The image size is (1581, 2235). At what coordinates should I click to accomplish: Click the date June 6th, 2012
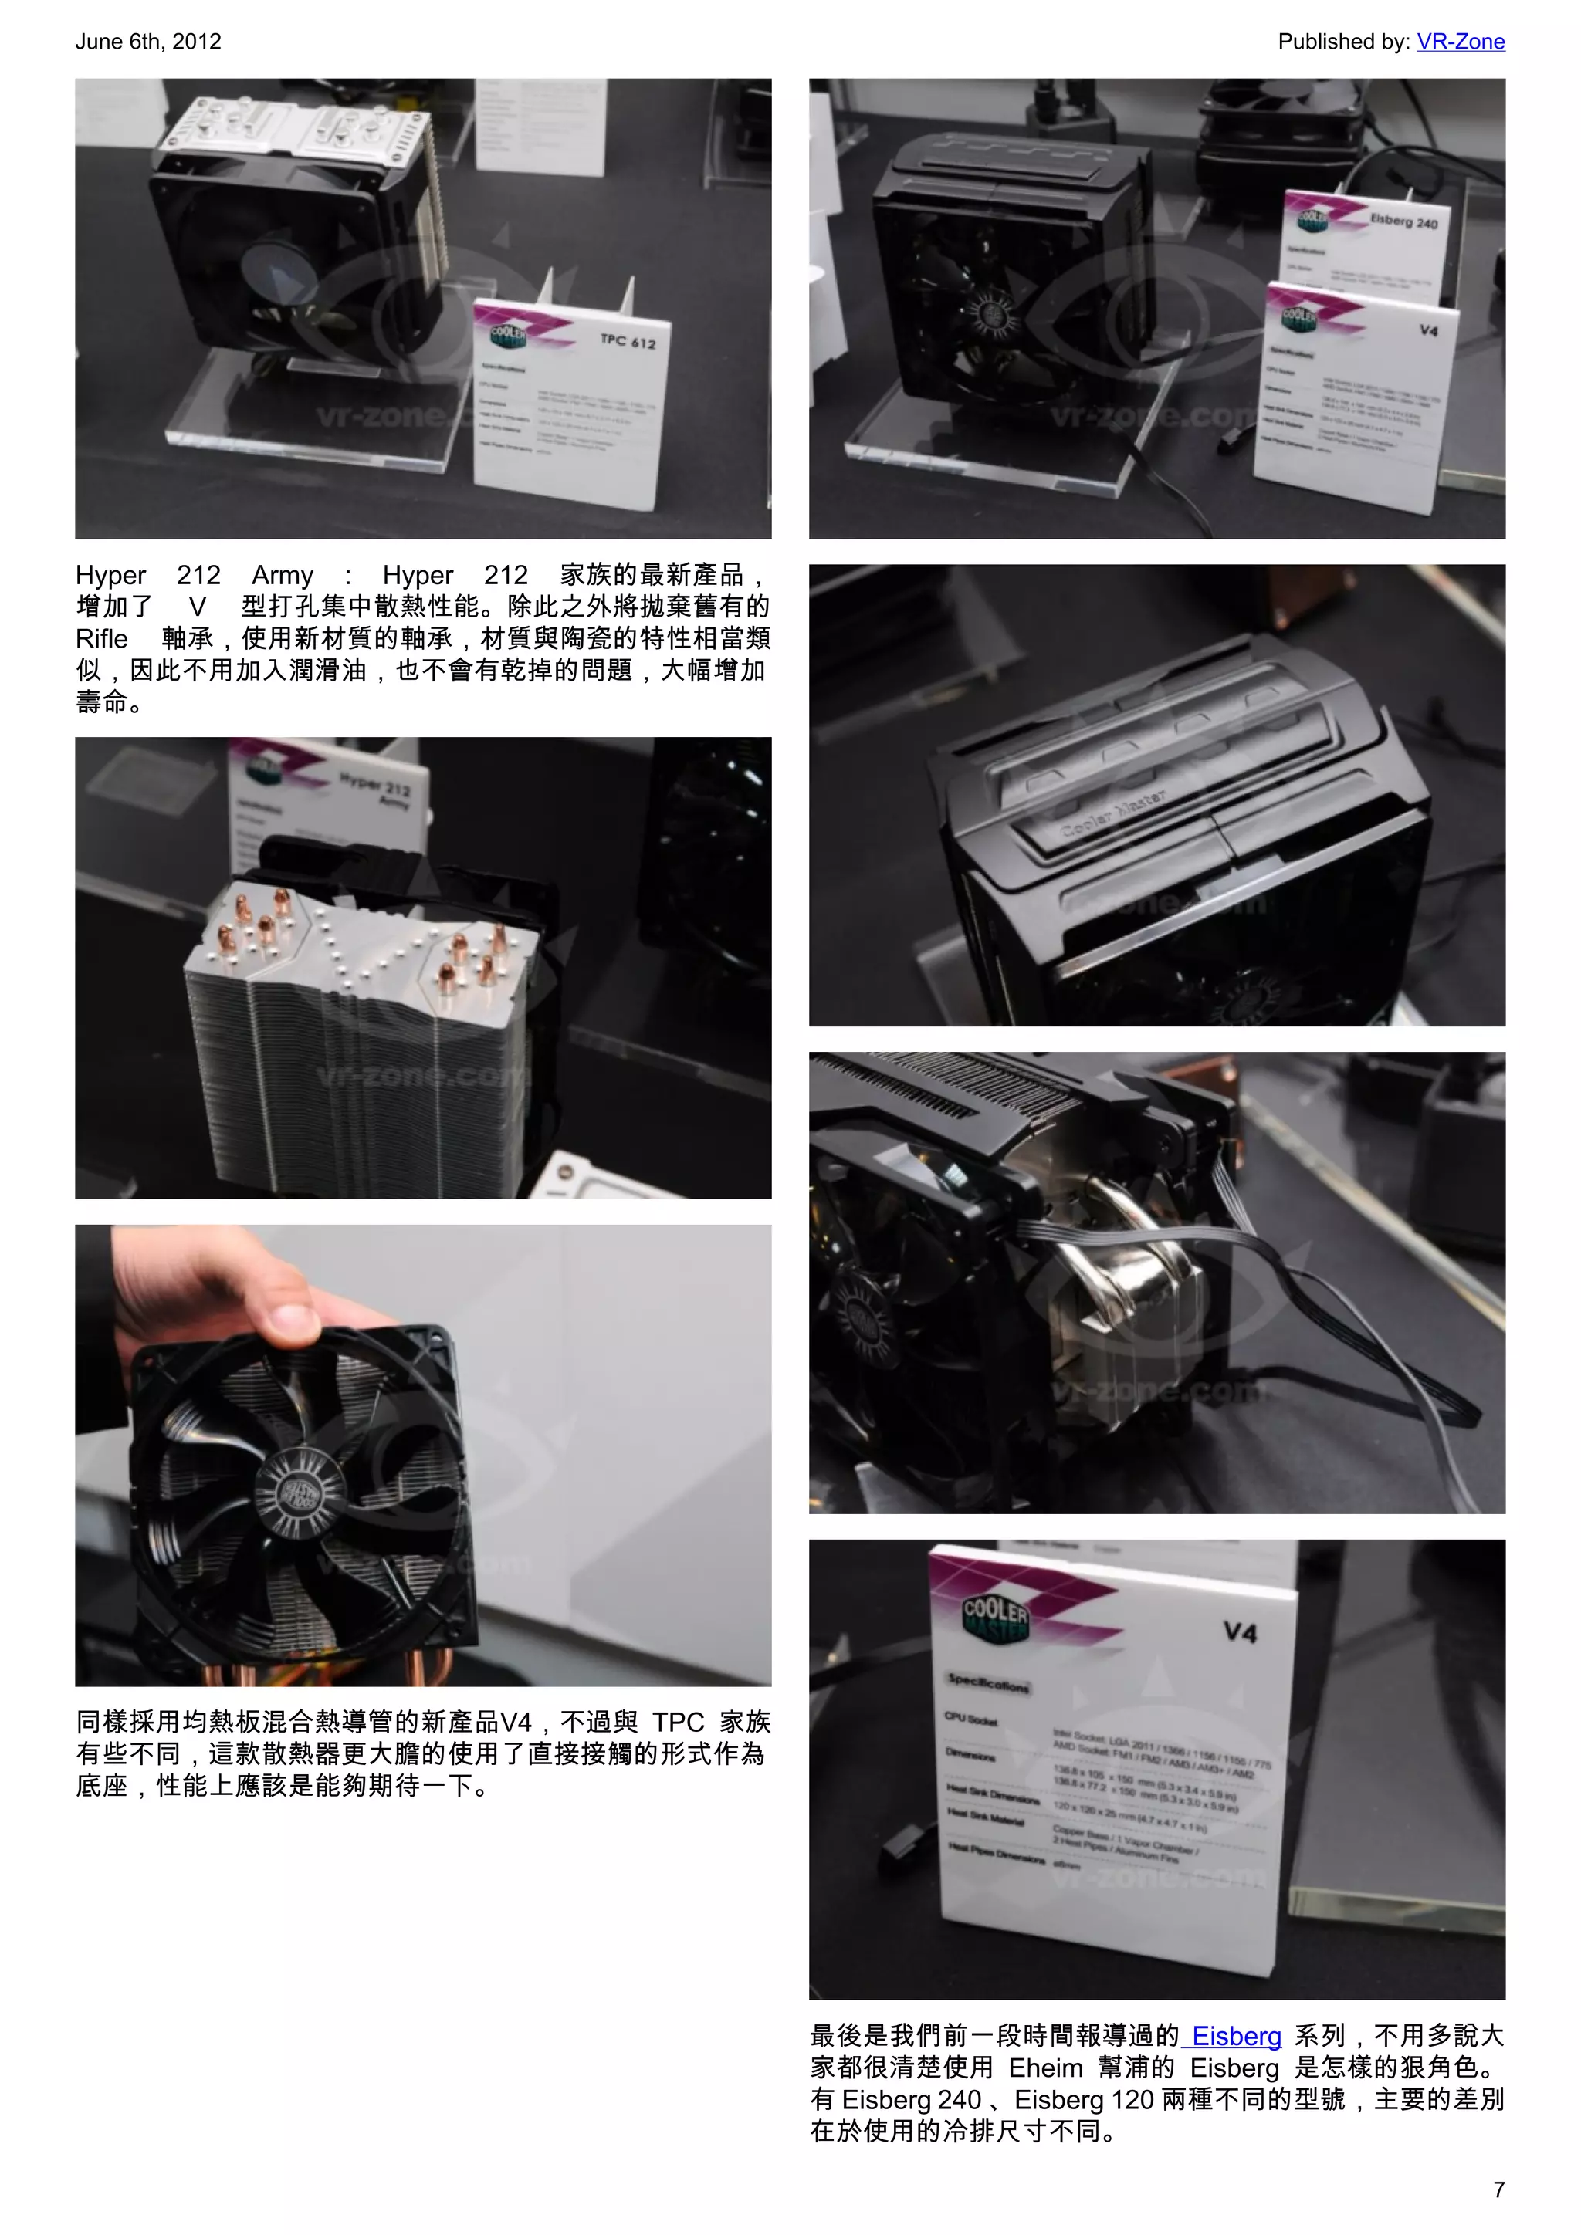click(x=148, y=42)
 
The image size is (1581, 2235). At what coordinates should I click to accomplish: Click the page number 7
click(x=1498, y=2189)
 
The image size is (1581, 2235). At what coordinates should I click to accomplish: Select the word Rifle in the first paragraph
click(x=102, y=638)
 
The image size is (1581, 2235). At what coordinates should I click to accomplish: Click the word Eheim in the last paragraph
click(x=1044, y=2068)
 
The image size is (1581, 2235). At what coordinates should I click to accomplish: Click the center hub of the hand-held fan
click(x=299, y=1490)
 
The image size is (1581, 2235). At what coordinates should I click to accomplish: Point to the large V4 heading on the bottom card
click(x=1239, y=1632)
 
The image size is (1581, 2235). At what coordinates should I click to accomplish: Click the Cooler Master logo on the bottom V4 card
click(x=995, y=1618)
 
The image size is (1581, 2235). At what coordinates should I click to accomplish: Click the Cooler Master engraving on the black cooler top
click(x=1114, y=813)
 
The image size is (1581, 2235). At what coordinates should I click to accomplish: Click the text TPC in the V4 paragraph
click(x=678, y=1722)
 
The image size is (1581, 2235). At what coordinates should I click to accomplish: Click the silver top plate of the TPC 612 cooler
click(x=292, y=127)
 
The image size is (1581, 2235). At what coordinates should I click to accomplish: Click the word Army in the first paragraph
click(x=283, y=575)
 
